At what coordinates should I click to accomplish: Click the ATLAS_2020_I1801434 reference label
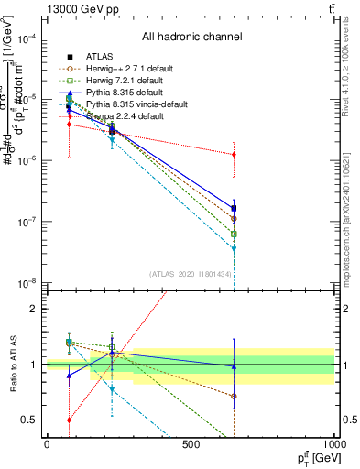coord(191,274)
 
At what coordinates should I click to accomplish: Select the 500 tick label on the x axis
coord(191,444)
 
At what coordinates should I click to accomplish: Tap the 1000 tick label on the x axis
coord(333,444)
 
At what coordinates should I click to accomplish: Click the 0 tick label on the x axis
coord(47,444)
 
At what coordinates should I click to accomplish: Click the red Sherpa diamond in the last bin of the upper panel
coord(235,155)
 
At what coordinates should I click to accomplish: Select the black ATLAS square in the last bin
coord(235,208)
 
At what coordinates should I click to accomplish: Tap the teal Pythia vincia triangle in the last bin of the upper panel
coord(235,248)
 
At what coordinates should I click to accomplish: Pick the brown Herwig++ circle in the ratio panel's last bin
coord(235,397)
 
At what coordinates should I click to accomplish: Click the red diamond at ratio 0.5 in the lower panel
coord(70,420)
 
